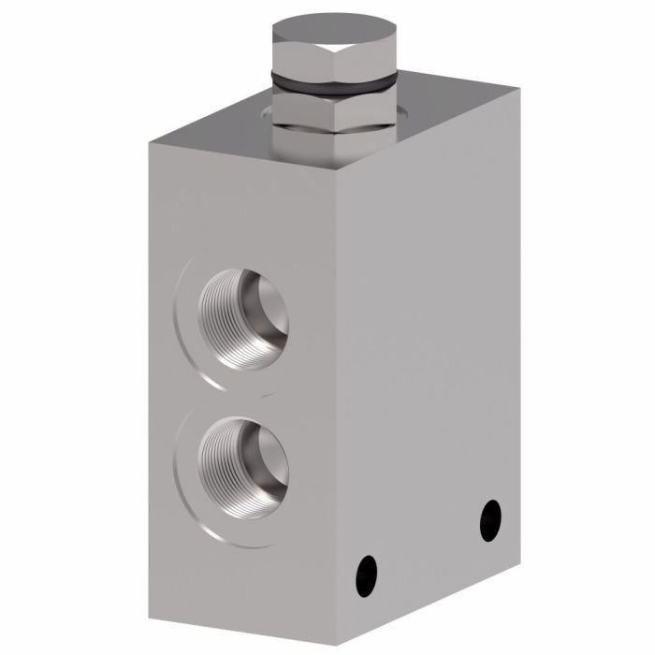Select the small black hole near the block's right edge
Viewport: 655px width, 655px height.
(489, 517)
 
